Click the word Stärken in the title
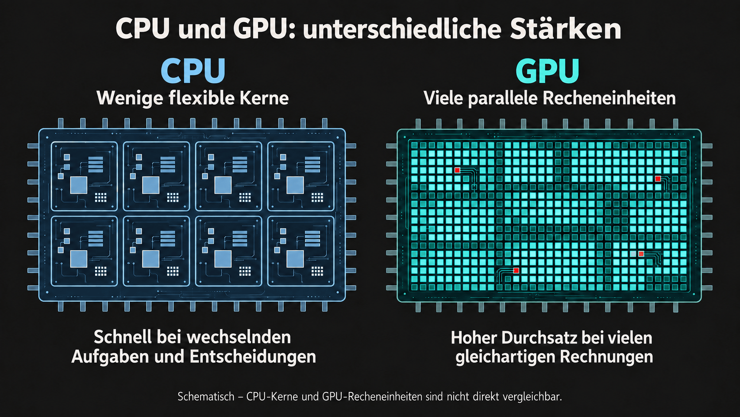[x=565, y=29]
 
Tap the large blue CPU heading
[x=193, y=70]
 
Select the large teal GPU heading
[x=547, y=71]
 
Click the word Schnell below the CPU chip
[x=123, y=337]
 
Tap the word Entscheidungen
[x=253, y=356]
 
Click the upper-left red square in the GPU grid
[x=457, y=170]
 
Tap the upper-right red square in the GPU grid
[x=658, y=179]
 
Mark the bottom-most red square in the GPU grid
[x=516, y=270]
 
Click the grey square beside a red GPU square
[x=633, y=254]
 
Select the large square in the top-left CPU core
[x=79, y=185]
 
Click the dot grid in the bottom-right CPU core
[x=317, y=272]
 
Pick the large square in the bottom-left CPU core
[x=79, y=259]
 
